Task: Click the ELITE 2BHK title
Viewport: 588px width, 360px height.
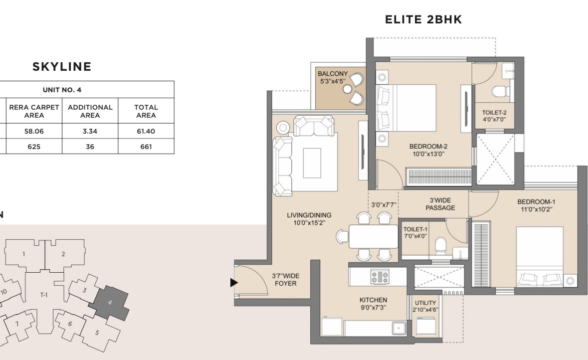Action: [423, 19]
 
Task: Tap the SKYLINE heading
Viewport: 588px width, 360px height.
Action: [62, 67]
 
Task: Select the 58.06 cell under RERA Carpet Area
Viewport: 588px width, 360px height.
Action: [34, 131]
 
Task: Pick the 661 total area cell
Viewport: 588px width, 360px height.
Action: [146, 147]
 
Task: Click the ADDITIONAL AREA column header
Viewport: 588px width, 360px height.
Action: [90, 111]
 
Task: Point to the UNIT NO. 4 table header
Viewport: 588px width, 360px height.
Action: [62, 90]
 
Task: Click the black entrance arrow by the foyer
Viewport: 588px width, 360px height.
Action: [234, 282]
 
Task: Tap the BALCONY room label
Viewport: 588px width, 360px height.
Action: [333, 73]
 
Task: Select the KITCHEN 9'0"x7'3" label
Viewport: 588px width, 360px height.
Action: [373, 304]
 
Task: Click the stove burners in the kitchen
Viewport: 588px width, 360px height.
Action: [380, 277]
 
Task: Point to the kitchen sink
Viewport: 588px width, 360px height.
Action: [399, 328]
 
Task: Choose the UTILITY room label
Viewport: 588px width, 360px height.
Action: [425, 303]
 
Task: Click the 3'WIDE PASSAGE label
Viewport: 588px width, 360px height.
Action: [440, 204]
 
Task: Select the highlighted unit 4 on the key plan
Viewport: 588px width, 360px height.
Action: [110, 303]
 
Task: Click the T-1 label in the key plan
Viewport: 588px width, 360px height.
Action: [44, 295]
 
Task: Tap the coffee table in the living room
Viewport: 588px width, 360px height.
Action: [312, 163]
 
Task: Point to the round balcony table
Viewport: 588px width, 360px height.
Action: [347, 89]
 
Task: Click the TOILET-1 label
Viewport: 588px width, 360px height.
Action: [415, 229]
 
